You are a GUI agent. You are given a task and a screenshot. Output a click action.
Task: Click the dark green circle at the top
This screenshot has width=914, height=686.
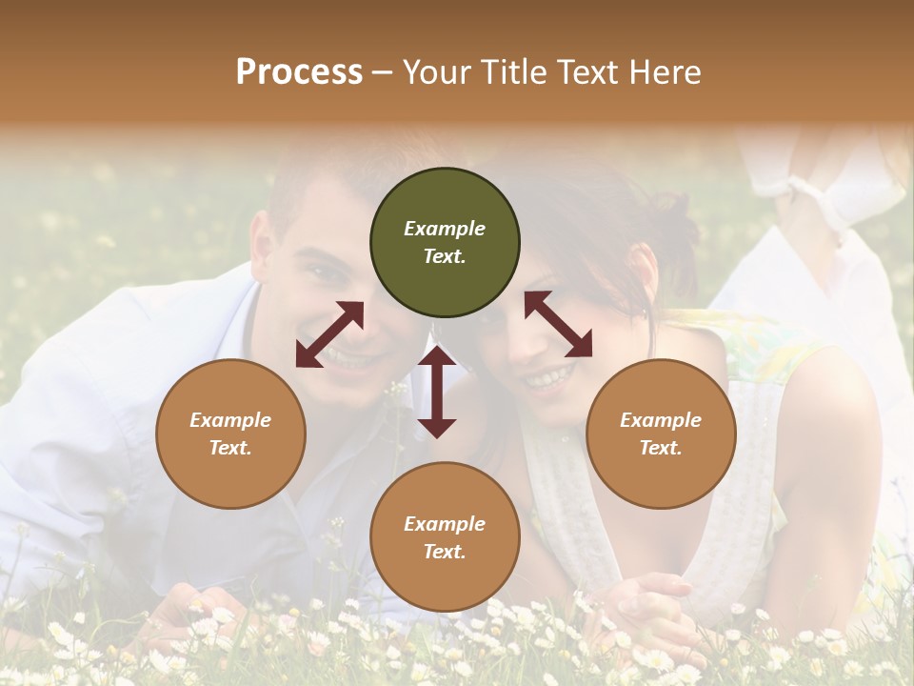pyautogui.click(x=445, y=243)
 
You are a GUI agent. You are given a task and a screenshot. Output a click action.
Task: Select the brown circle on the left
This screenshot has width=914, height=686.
pyautogui.click(x=230, y=434)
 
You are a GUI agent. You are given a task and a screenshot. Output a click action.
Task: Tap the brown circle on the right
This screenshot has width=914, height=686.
pyautogui.click(x=661, y=434)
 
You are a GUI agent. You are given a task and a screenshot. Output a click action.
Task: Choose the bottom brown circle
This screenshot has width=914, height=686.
pyautogui.click(x=445, y=537)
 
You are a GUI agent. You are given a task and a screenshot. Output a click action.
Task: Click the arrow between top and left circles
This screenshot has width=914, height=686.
pyautogui.click(x=329, y=334)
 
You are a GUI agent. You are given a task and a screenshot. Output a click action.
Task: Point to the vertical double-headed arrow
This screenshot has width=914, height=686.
pyautogui.click(x=437, y=392)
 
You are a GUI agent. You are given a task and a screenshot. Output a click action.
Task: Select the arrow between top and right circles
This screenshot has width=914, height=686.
pyautogui.click(x=558, y=324)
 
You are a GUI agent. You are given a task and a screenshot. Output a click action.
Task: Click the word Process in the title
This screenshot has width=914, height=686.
pyautogui.click(x=299, y=71)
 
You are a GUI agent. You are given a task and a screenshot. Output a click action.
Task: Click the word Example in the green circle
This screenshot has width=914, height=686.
pyautogui.click(x=445, y=229)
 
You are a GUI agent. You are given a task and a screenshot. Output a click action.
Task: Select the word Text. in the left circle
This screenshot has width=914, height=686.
pyautogui.click(x=230, y=448)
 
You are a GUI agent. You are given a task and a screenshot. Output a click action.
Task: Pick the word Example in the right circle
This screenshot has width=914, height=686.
pyautogui.click(x=661, y=420)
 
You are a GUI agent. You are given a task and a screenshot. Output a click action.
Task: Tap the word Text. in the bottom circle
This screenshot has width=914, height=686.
pyautogui.click(x=445, y=552)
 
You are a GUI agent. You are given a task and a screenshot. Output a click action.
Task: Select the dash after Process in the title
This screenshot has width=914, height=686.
pyautogui.click(x=383, y=72)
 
